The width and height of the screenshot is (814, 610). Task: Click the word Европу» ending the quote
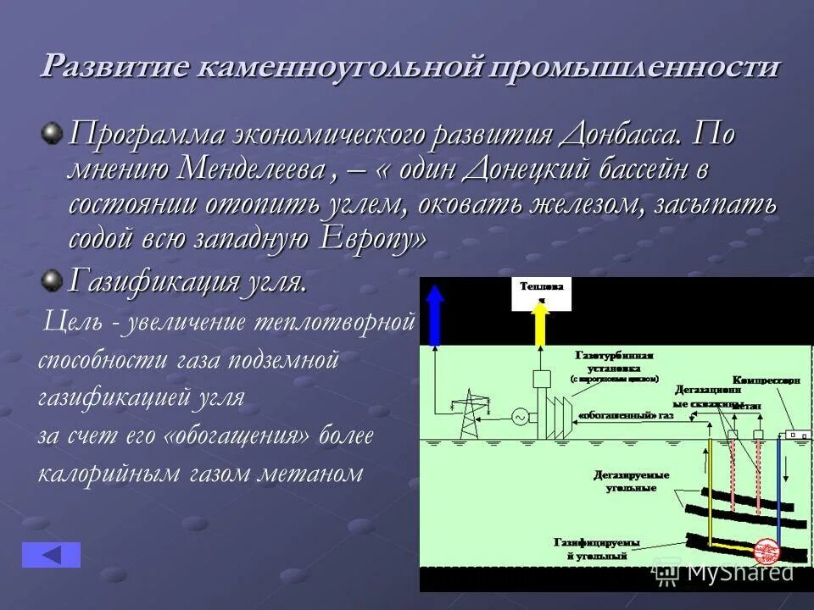374,240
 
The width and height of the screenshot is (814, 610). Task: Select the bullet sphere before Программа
53,132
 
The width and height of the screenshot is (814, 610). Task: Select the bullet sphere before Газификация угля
53,279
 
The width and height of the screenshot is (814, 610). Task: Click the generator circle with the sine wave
520,417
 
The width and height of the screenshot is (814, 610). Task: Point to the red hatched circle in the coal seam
767,551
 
